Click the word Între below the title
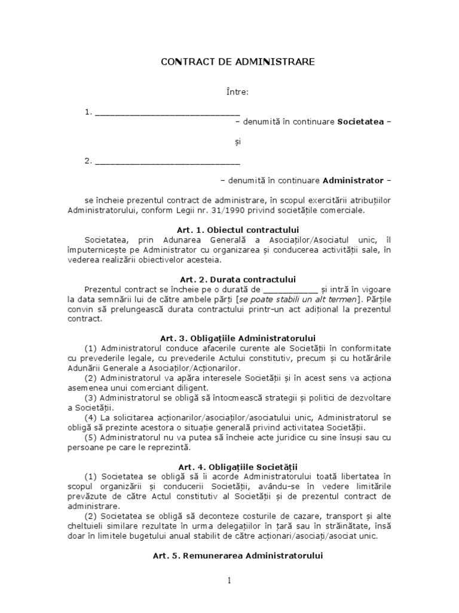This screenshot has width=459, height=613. pos(237,92)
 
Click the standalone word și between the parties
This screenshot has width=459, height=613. pos(237,141)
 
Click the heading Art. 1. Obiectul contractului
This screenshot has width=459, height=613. pos(237,230)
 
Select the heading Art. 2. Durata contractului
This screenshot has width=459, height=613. pos(237,279)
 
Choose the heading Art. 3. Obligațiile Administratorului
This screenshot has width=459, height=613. pos(237,338)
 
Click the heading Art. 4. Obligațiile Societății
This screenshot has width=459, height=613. pos(237,466)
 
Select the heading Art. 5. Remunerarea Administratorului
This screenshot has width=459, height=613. pos(237,556)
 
